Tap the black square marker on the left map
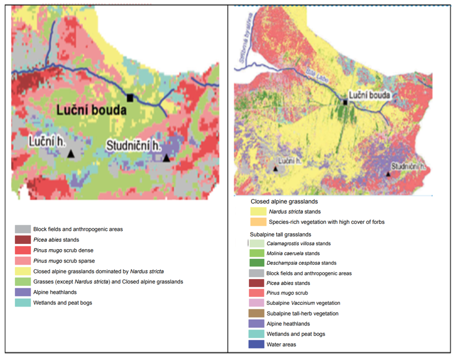[x=131, y=97]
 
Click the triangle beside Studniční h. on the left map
[x=166, y=158]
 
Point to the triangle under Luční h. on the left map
[x=71, y=154]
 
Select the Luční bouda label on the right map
[x=371, y=95]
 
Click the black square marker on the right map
[x=345, y=102]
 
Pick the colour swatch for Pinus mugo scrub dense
[x=23, y=250]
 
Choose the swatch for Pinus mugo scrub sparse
[x=23, y=261]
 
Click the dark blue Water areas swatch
[x=256, y=344]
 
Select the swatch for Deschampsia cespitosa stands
[x=256, y=263]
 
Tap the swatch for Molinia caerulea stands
[x=256, y=253]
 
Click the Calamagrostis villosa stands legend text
[x=299, y=243]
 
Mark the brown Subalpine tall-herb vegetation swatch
[x=256, y=313]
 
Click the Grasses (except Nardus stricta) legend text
[x=108, y=281]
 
